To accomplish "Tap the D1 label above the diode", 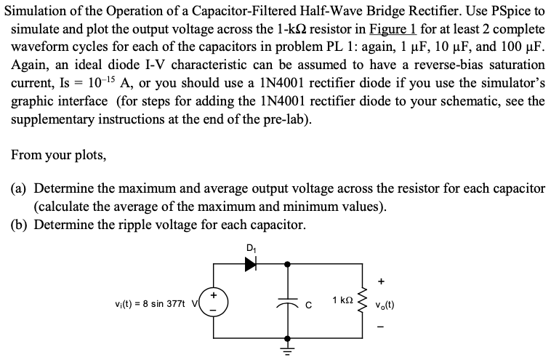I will tap(251, 248).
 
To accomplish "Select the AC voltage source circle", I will tap(212, 301).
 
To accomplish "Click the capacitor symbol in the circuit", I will tap(289, 301).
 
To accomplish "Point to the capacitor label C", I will tap(308, 303).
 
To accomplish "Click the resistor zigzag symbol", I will tap(359, 301).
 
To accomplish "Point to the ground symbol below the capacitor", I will tap(289, 349).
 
